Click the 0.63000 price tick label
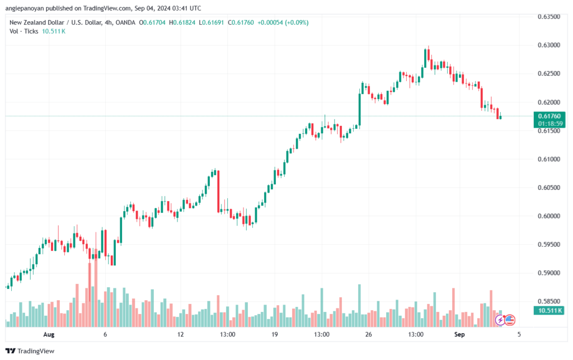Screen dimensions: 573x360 [548, 45]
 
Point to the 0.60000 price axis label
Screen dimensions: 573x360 [548, 216]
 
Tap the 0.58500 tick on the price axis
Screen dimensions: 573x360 [548, 302]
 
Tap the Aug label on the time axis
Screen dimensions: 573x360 [49, 334]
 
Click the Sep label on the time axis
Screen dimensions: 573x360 [459, 334]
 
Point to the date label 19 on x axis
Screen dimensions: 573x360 [274, 334]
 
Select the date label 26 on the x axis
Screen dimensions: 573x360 [368, 334]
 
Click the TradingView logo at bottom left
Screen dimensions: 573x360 [30, 351]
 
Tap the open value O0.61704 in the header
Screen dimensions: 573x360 [152, 22]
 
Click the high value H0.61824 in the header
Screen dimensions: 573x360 [182, 22]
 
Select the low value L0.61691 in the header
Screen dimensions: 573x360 [211, 22]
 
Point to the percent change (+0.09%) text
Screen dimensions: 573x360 [297, 22]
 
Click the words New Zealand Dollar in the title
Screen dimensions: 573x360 [37, 22]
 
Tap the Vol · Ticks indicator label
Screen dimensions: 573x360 [24, 31]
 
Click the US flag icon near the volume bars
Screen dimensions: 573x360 [510, 320]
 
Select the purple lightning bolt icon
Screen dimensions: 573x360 [500, 320]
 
